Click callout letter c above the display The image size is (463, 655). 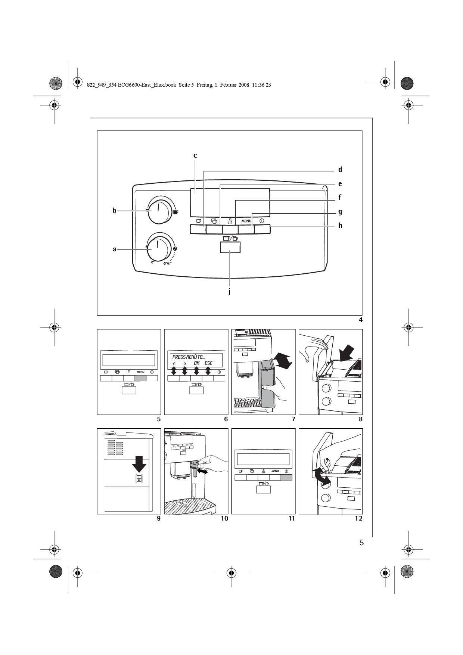coord(195,155)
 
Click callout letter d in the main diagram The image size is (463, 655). coord(340,170)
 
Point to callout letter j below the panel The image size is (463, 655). coord(229,292)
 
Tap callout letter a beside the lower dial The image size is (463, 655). coord(115,249)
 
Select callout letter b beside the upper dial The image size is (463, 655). coord(115,211)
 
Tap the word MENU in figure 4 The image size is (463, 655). coord(246,221)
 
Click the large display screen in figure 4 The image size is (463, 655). coord(230,202)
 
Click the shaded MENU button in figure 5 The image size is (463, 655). coord(140,378)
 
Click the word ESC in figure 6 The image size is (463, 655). coord(208,363)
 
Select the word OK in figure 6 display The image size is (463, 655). coord(196,363)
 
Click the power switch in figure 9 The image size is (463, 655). coord(139,478)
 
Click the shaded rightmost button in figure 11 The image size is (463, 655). coord(286,477)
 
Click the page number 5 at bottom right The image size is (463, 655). coord(361,543)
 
